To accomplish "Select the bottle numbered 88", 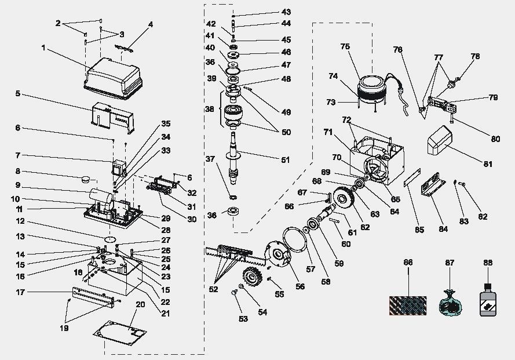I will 487,299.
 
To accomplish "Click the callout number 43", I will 286,12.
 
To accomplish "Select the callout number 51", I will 286,160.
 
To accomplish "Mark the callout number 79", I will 493,98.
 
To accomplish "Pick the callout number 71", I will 328,133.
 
